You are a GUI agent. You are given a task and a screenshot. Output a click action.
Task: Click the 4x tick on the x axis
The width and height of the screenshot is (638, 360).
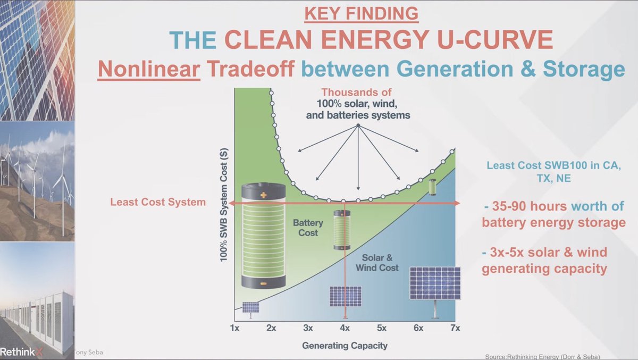click(345, 328)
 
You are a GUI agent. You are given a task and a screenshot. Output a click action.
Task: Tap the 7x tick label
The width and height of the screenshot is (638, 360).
click(455, 328)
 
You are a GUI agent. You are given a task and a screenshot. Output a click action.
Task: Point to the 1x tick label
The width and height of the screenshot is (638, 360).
click(234, 328)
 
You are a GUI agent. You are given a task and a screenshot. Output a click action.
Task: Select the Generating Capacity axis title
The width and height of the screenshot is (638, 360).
click(345, 346)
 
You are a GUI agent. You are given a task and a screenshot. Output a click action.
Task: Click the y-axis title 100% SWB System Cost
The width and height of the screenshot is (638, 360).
click(224, 205)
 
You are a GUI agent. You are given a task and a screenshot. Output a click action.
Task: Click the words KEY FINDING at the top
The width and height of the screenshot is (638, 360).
click(362, 13)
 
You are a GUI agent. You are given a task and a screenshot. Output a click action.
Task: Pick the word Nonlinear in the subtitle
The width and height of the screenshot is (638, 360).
click(149, 69)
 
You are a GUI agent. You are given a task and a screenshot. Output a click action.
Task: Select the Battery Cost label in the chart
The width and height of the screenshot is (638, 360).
click(308, 228)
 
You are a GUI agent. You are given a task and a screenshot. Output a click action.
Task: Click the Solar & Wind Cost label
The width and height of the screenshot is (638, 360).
click(377, 263)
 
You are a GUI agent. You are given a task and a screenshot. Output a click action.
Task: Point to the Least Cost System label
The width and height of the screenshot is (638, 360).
click(158, 202)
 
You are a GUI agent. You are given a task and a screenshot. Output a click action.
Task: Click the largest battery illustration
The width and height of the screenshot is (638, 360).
click(264, 235)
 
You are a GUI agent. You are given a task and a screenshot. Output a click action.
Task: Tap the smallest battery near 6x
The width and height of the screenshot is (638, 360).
click(432, 187)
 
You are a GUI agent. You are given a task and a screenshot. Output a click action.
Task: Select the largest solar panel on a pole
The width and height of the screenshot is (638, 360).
click(435, 292)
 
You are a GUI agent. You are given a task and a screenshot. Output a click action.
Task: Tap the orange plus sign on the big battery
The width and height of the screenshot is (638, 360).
click(264, 195)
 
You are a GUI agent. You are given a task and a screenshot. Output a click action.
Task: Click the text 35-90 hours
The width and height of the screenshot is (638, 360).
click(530, 206)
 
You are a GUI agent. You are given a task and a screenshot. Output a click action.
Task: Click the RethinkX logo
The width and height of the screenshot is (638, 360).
click(21, 352)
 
